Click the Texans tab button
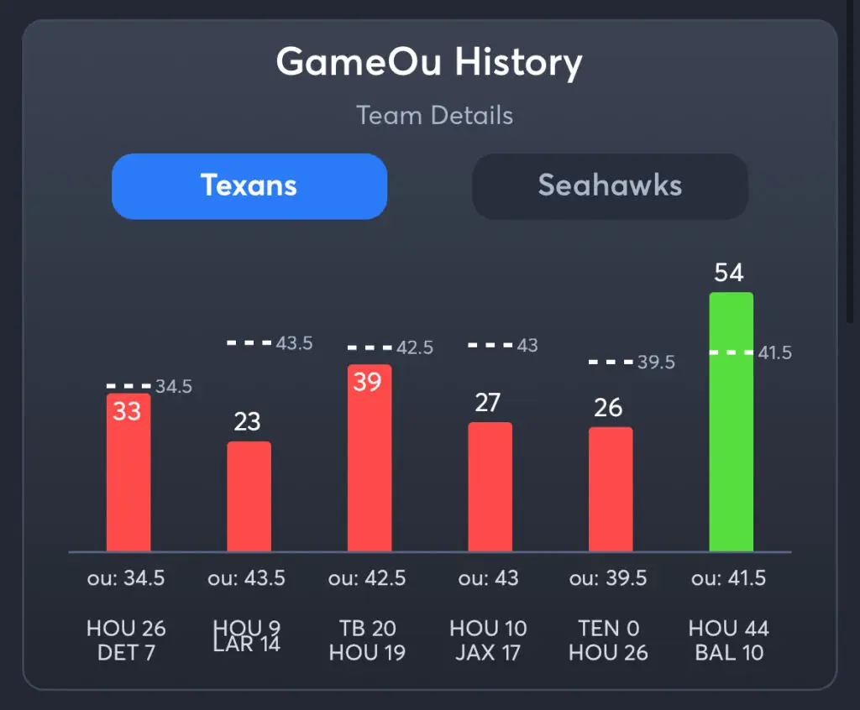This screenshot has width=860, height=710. (249, 185)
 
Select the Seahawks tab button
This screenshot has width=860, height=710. (610, 185)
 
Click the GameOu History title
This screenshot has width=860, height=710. (429, 63)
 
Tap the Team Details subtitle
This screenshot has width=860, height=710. (434, 115)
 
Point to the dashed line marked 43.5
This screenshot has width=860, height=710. (249, 342)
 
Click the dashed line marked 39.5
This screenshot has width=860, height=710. (611, 362)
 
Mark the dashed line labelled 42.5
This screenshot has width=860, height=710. (370, 347)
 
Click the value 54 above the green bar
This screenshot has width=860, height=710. (729, 273)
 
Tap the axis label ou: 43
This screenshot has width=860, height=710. (489, 578)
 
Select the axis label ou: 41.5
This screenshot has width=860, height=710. (729, 578)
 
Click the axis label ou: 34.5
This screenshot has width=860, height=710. (126, 578)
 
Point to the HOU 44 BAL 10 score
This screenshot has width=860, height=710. (729, 640)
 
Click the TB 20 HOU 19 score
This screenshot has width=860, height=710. (368, 640)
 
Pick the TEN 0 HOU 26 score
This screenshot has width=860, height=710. (609, 640)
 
